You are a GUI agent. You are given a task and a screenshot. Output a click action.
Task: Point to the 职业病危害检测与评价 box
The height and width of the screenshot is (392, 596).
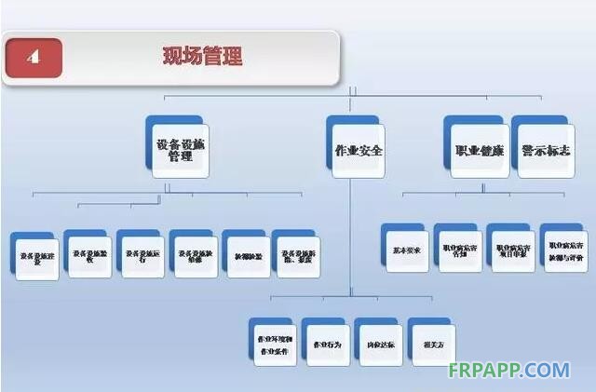(x=565, y=249)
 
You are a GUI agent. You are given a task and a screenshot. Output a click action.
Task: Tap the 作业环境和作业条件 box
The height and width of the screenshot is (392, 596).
(x=274, y=344)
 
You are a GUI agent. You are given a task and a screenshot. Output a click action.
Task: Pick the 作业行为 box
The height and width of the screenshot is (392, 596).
(x=326, y=344)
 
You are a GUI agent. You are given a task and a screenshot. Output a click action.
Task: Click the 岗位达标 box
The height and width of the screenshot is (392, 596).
(x=379, y=344)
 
